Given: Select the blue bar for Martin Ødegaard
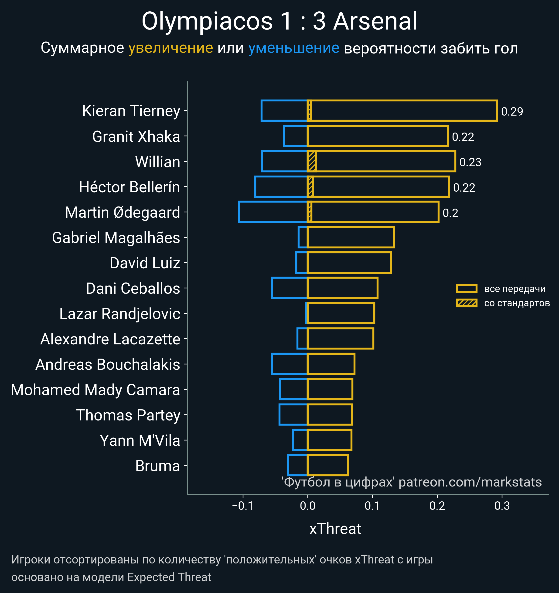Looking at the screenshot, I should [273, 212].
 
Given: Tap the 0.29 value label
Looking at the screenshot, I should [512, 112].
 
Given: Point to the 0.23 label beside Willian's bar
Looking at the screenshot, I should [470, 162].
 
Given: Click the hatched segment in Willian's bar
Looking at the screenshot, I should [312, 161].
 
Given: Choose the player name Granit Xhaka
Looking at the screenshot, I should [136, 137].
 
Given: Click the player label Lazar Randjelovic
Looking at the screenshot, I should [119, 314].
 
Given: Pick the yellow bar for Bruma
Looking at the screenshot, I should [328, 465].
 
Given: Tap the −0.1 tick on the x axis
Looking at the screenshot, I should [243, 506].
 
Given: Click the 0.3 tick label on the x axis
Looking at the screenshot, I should [502, 506].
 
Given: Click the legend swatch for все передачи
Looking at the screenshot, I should [466, 288].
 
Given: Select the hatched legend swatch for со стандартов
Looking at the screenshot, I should [466, 303].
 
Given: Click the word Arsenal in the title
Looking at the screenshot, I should [375, 21].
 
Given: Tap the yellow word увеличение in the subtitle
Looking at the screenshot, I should [170, 48].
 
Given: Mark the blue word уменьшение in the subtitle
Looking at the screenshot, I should [294, 48].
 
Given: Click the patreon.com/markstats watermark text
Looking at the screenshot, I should [470, 482].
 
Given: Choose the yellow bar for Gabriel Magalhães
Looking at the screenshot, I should [351, 237].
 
